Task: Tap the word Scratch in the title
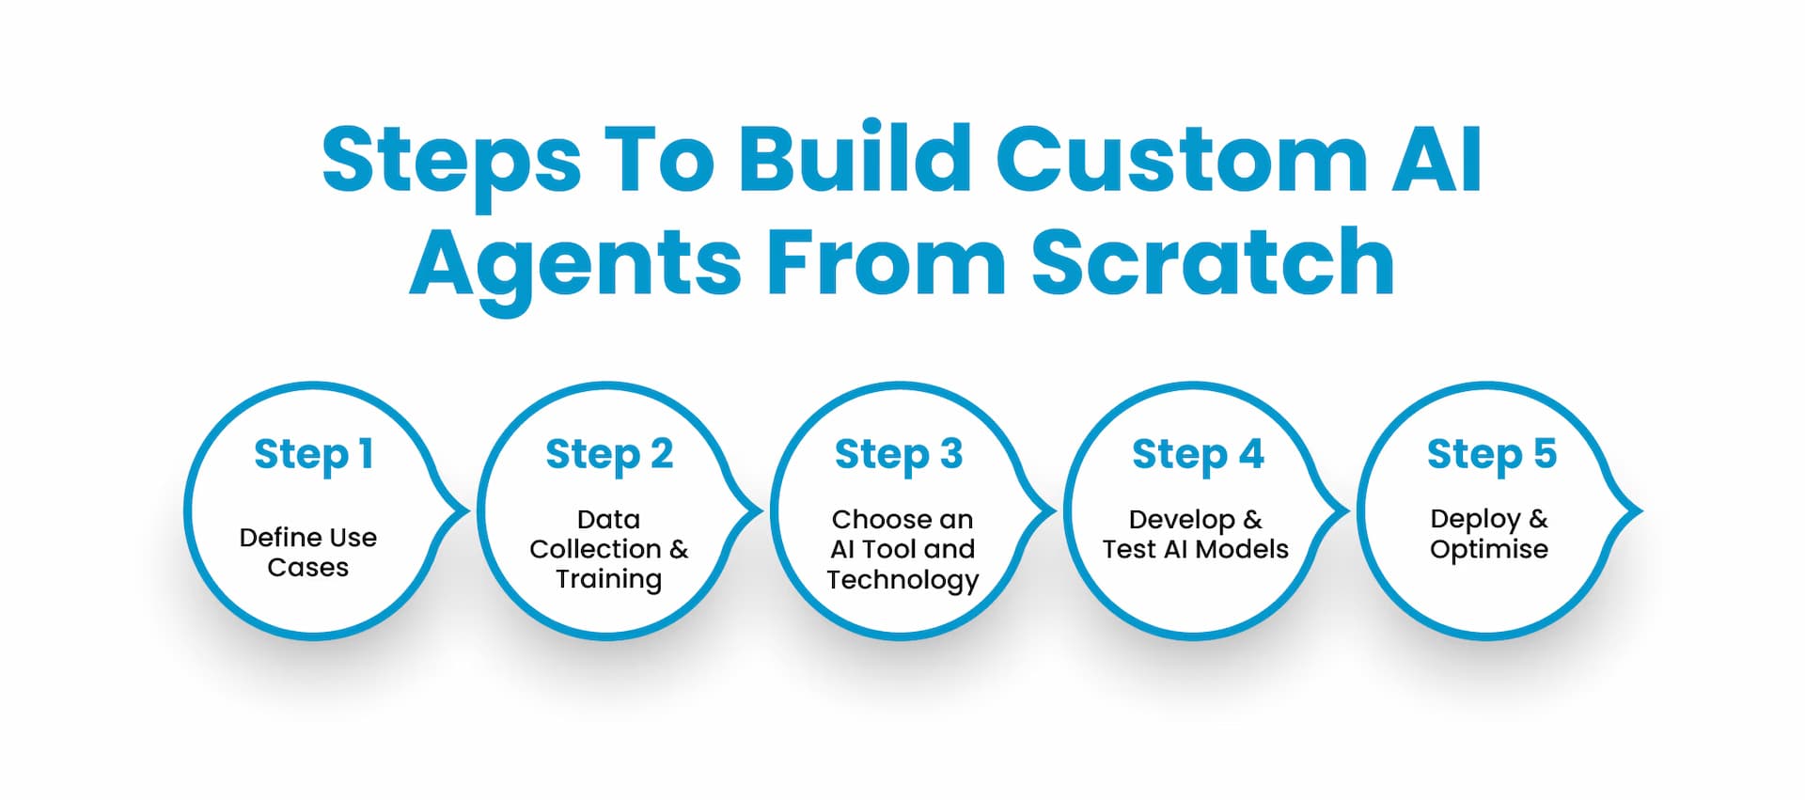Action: coord(1212,262)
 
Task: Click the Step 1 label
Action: coord(314,455)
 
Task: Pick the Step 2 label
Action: coord(609,455)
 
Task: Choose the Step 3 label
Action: coord(899,455)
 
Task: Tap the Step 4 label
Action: coord(1198,455)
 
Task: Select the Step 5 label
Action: coord(1492,455)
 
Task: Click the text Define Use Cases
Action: coord(308,552)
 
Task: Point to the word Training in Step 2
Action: coord(608,579)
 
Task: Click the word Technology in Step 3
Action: coord(902,579)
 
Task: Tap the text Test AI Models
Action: coord(1195,549)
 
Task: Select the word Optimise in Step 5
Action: coord(1489,549)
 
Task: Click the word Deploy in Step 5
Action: coord(1475,519)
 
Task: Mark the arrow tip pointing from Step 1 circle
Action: coord(464,511)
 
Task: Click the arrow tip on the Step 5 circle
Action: coord(1638,511)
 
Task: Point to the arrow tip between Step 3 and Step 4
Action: coord(1051,511)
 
